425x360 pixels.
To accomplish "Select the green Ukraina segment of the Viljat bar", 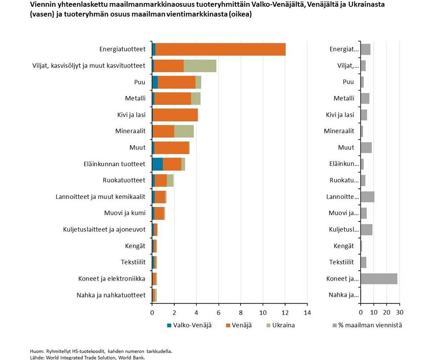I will (x=200, y=66).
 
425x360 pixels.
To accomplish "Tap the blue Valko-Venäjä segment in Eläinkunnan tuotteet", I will (x=157, y=164).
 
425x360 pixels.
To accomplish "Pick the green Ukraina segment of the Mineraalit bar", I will (x=184, y=131).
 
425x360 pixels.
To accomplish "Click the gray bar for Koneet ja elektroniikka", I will (x=379, y=279).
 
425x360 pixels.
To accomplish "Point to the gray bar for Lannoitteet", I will (x=367, y=197).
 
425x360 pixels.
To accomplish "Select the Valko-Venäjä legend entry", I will (x=189, y=325).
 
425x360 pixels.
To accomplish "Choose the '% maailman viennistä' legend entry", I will (x=367, y=325).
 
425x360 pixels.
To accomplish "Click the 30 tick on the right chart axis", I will (x=399, y=313).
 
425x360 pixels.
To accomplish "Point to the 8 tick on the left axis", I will (x=241, y=313).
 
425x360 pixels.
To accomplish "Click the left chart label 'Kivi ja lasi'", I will (x=131, y=115).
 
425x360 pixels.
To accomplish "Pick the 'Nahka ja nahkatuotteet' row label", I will (x=111, y=295).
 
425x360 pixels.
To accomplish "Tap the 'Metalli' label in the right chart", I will (x=344, y=99).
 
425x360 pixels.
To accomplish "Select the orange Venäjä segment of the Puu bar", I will (x=176, y=82).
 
